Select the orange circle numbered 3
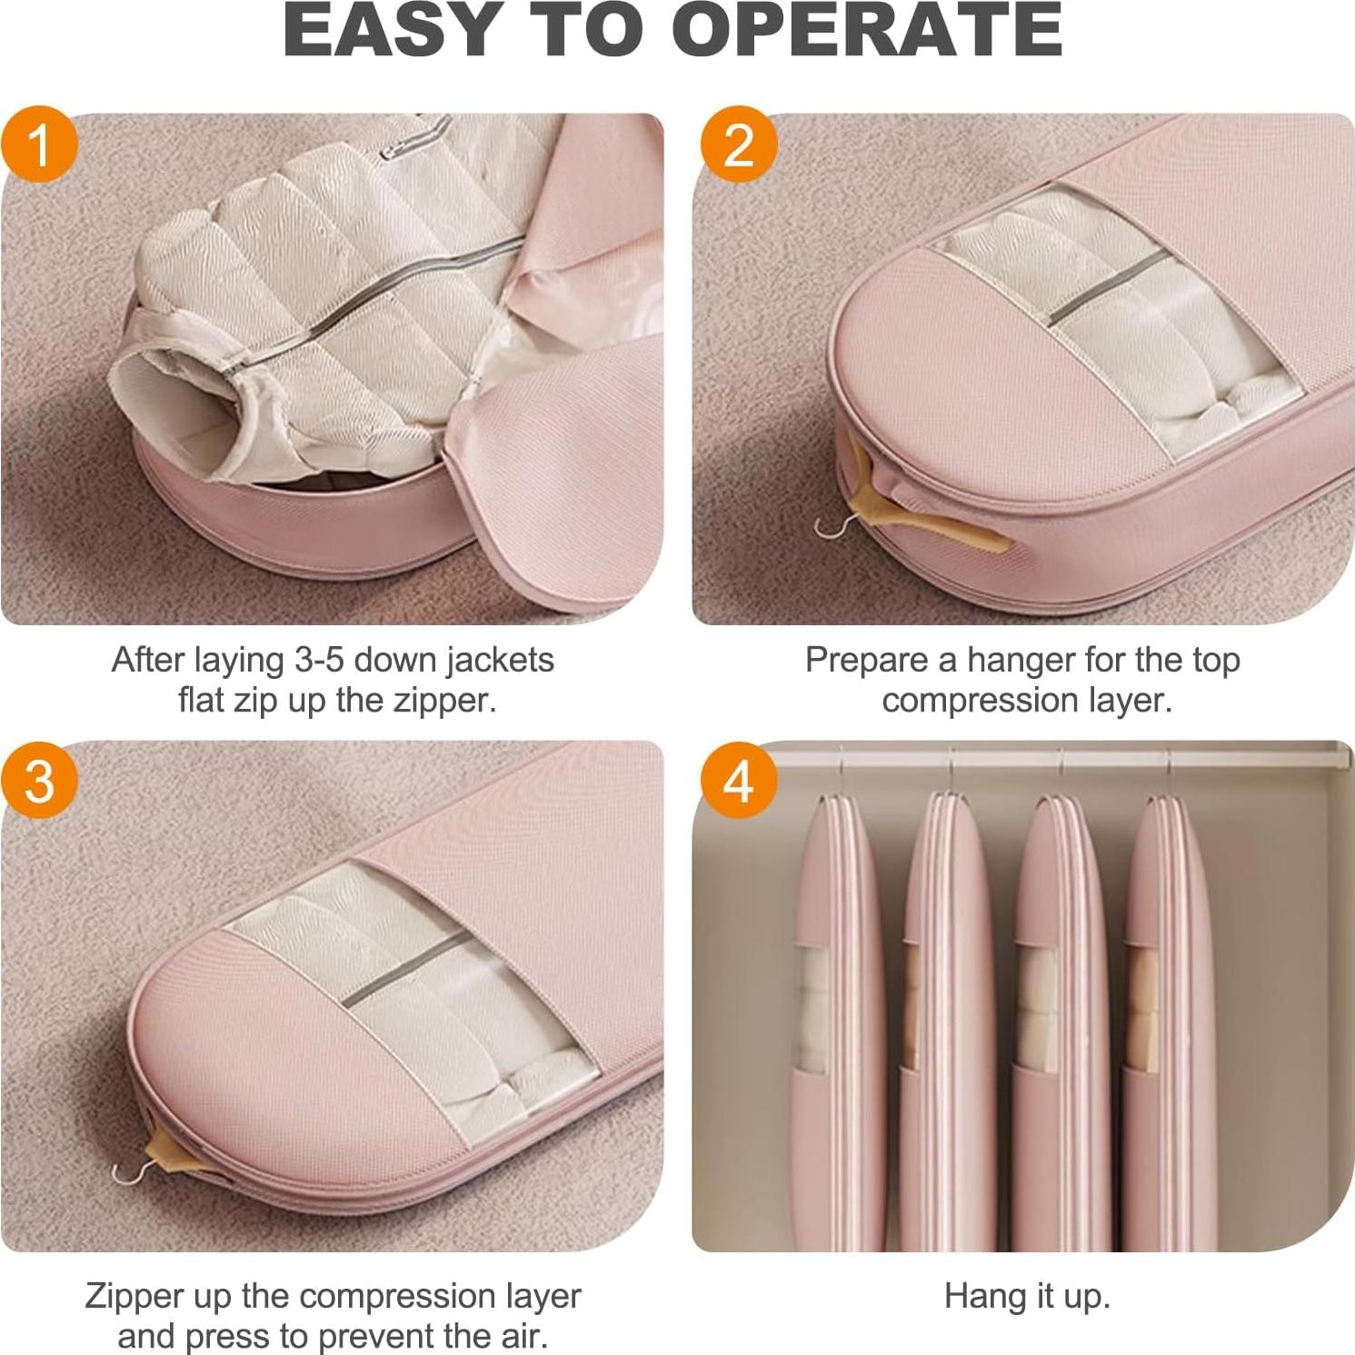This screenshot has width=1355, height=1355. tap(39, 780)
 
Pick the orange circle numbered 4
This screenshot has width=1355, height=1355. tap(739, 780)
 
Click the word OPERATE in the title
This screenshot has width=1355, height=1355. tap(867, 31)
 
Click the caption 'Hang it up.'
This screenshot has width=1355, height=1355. tap(1027, 1296)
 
